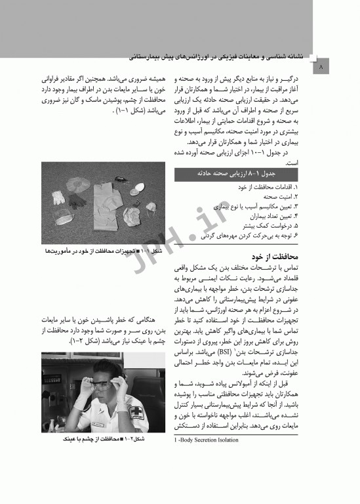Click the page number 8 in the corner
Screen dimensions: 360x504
(x=320, y=67)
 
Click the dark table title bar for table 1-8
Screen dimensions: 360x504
(x=236, y=174)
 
